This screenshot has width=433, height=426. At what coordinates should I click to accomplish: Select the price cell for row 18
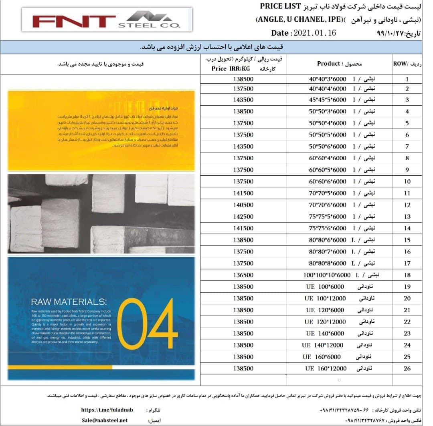pos(243,275)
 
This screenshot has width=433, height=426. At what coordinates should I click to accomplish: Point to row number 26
pos(407,369)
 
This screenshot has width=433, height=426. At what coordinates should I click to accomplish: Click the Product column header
pos(339,64)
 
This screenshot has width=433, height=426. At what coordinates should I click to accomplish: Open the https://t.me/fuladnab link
pos(107,410)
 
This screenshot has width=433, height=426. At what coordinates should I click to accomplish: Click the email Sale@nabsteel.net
pos(105,420)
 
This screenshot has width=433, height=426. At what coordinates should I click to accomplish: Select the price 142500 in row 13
pos(243,217)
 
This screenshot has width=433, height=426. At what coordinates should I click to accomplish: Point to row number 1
pos(407,79)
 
